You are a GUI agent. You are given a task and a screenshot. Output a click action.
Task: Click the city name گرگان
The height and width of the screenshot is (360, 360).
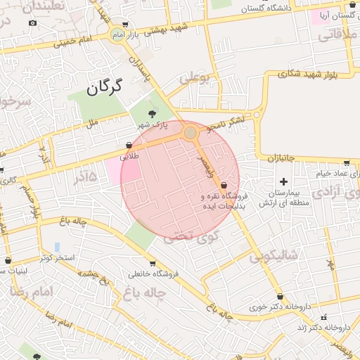tap(104, 87)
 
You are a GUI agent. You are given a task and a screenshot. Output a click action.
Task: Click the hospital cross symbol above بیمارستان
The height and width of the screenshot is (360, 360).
tap(283, 182)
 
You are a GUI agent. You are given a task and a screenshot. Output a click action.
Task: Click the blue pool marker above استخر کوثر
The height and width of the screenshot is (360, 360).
tap(56, 247)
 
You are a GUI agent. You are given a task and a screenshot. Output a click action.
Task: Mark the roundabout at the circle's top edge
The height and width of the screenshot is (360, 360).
tap(190, 132)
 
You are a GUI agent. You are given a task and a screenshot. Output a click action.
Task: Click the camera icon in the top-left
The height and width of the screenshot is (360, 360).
tap(32, 23)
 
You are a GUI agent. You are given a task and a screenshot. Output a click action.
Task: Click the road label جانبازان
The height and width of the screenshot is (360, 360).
tap(284, 161)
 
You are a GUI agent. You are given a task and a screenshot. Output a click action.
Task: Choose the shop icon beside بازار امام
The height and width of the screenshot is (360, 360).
tap(125, 24)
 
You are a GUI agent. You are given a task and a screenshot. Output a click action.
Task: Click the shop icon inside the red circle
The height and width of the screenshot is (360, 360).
tap(224, 185)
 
